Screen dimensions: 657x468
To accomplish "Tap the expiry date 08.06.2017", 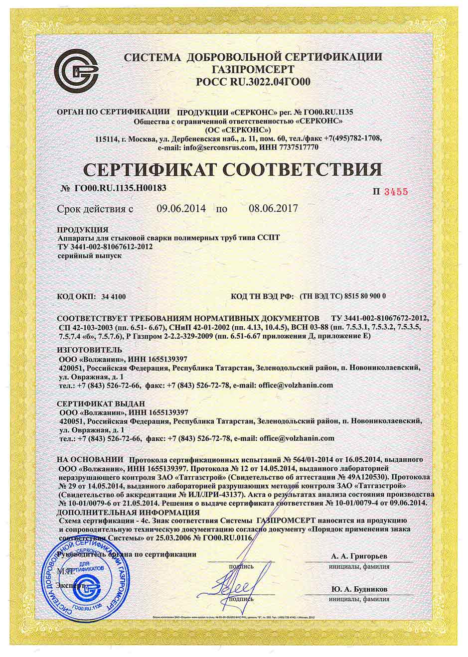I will coord(273,209).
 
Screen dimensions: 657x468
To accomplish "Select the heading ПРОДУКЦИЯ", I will coord(83,230).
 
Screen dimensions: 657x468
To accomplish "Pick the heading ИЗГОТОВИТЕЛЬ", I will coord(89,350).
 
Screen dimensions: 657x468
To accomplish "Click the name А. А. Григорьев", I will coord(359,556).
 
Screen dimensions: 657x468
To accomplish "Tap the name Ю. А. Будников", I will coord(359,589).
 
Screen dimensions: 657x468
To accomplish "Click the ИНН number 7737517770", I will coord(296,148).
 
